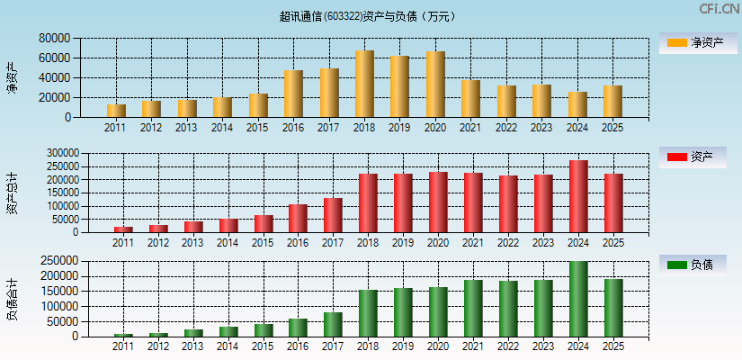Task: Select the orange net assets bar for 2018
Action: tap(364, 84)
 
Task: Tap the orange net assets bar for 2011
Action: tap(116, 111)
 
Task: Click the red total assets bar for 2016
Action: tap(298, 218)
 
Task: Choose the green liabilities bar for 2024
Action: tap(578, 299)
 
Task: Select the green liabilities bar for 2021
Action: tap(473, 308)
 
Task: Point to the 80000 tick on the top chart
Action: tap(55, 39)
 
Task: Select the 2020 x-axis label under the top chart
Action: tap(435, 128)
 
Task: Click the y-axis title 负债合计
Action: tap(12, 300)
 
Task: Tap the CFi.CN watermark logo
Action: tap(720, 9)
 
